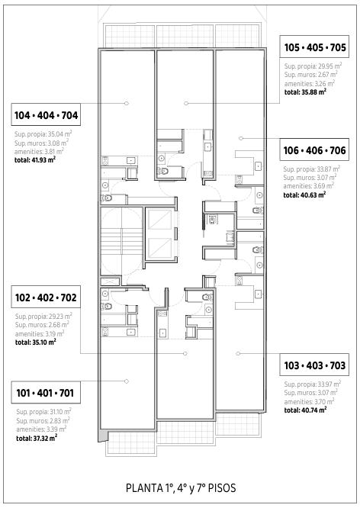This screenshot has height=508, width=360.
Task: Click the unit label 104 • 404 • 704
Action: (x=46, y=115)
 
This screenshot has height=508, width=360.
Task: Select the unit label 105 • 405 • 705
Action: (x=315, y=47)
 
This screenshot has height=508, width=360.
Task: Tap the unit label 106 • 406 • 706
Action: (x=315, y=150)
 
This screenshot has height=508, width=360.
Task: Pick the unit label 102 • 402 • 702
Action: (x=46, y=297)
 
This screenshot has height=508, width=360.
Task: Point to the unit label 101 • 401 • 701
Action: (x=45, y=393)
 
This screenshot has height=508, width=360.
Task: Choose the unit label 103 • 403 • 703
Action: (x=315, y=365)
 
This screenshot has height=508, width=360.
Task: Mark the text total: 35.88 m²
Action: (x=305, y=92)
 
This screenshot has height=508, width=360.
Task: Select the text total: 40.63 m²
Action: (x=304, y=195)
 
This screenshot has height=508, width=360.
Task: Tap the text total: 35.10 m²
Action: (x=36, y=342)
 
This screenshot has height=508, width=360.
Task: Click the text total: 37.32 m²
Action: (x=37, y=438)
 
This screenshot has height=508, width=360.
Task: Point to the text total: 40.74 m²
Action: (x=305, y=410)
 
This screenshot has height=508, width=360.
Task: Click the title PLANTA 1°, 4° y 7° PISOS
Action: (x=181, y=488)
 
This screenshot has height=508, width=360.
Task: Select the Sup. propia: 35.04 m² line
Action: (x=43, y=133)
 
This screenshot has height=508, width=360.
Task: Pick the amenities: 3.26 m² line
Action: (x=310, y=84)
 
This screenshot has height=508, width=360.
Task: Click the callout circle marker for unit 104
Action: (x=127, y=103)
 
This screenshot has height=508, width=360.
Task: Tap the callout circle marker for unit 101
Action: (x=127, y=381)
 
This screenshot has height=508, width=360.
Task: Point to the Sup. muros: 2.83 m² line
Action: (x=43, y=420)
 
